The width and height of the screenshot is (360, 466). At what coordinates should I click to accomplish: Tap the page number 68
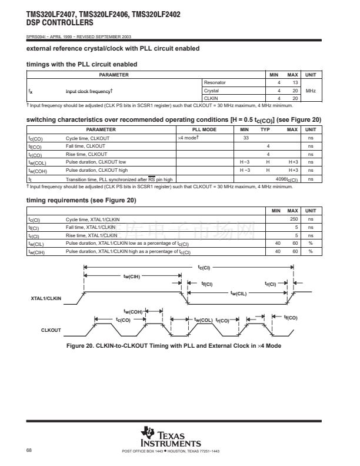29,451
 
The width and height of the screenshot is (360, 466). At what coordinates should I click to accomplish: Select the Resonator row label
215,83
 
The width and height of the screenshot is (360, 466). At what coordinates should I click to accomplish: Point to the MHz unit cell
311,91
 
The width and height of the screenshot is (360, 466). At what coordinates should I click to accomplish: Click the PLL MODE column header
205,129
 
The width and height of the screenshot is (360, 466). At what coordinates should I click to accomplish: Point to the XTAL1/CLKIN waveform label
46,299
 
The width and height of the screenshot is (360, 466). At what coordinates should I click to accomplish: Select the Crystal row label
211,91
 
